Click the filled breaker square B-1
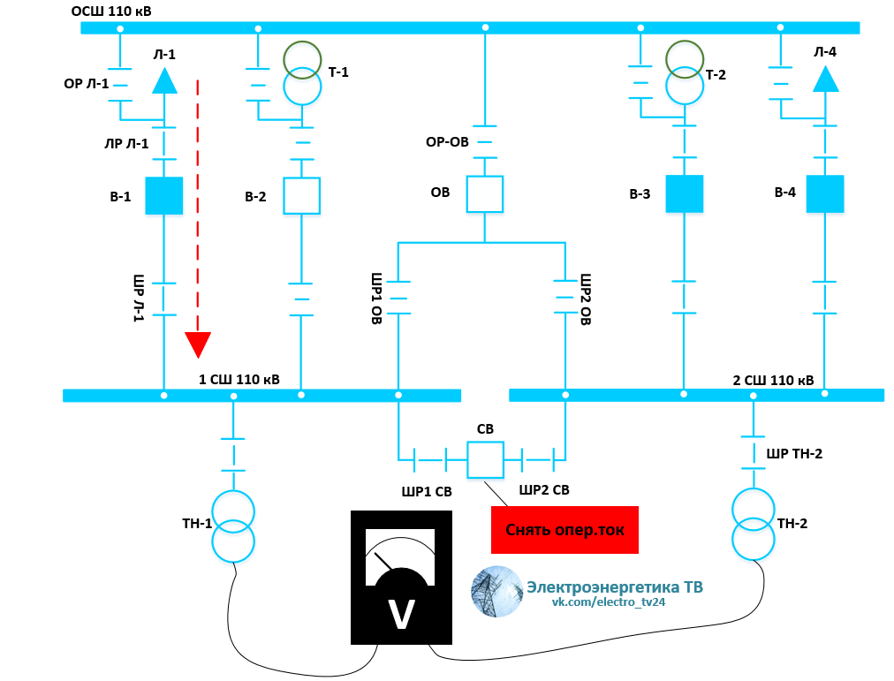[x=163, y=195]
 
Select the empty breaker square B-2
[x=301, y=195]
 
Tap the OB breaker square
[x=484, y=193]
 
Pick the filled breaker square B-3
[x=684, y=193]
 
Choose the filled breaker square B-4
[x=825, y=193]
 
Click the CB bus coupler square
[x=484, y=459]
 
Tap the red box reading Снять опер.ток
[x=564, y=530]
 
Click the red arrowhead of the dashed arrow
[x=199, y=345]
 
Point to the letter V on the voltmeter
[x=402, y=615]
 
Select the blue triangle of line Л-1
[x=164, y=81]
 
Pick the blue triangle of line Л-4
[x=826, y=79]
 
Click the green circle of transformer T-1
[x=302, y=59]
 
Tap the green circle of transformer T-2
[x=685, y=58]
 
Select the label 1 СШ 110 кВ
[x=239, y=380]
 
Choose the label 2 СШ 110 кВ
[x=774, y=381]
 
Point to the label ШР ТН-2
[x=794, y=454]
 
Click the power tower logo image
[x=496, y=591]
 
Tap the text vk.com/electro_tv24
[x=609, y=602]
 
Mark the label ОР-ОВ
[x=447, y=141]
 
